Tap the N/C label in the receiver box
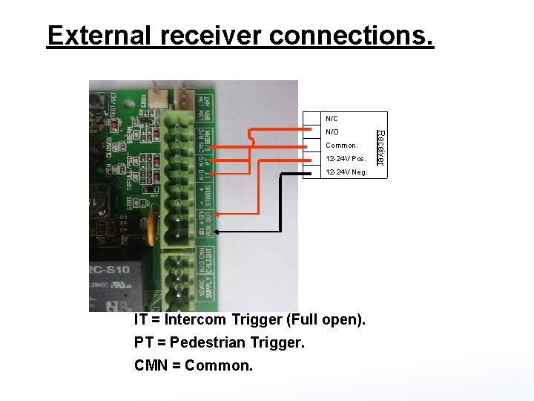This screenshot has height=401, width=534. pyautogui.click(x=332, y=119)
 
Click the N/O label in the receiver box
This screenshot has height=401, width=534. pyautogui.click(x=332, y=132)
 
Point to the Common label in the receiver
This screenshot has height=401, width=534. pyautogui.click(x=341, y=146)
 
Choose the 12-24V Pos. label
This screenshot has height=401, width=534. pyautogui.click(x=345, y=159)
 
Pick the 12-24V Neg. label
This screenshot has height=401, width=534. pyautogui.click(x=346, y=172)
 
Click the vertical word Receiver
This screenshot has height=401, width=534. pyautogui.click(x=380, y=147)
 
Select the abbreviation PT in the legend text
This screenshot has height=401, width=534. pyautogui.click(x=143, y=343)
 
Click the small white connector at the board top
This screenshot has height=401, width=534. pyautogui.click(x=157, y=96)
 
